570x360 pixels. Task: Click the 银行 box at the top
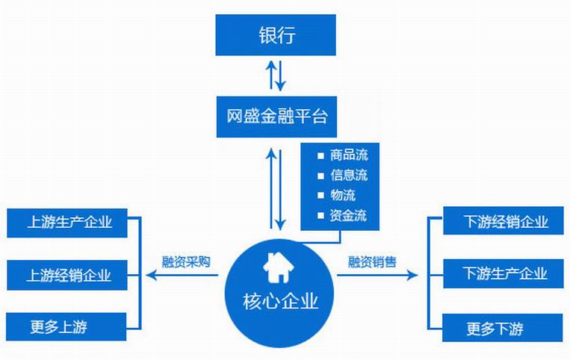[x=277, y=35]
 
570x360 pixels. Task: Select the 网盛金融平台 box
[x=277, y=117]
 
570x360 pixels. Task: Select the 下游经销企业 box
[x=506, y=222]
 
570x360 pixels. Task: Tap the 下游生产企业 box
[x=506, y=274]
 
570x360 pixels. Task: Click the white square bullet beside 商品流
[x=320, y=157]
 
